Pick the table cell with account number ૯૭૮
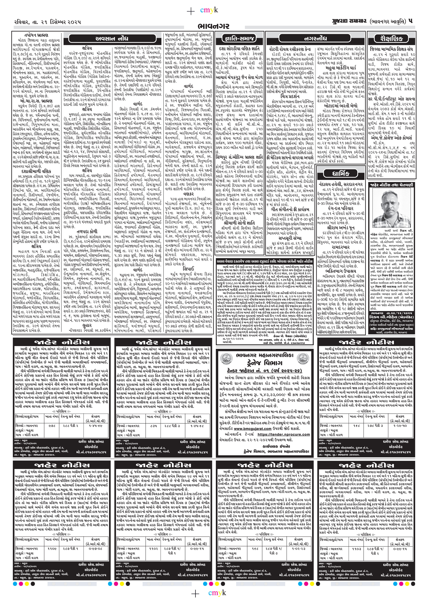52,425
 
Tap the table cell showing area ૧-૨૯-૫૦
400,425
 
